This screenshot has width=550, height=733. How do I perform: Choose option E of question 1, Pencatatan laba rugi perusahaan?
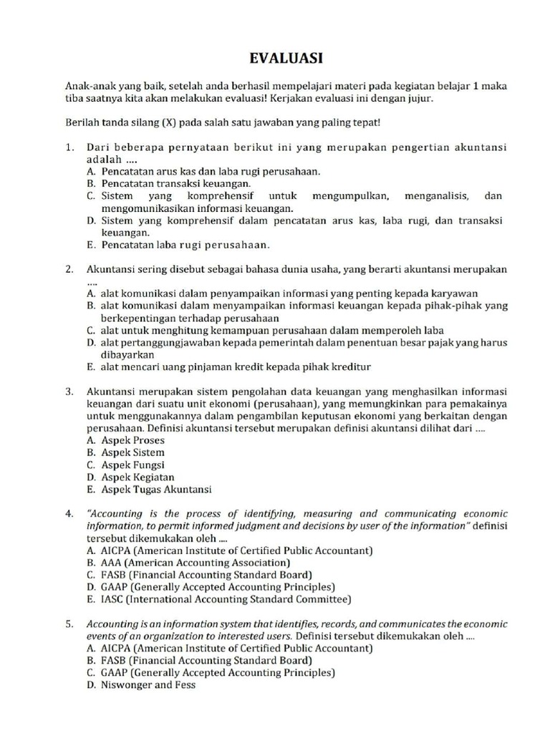185,245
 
